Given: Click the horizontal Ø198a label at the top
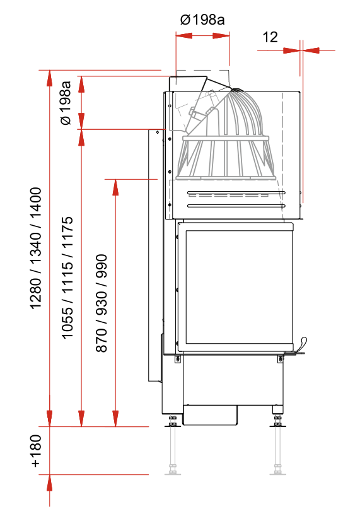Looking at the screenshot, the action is pos(202,20).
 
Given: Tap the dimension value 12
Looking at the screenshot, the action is pos(270,37).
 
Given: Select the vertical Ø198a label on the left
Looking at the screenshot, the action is pos(66,103).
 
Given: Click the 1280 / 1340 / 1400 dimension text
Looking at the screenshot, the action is pos(36,249).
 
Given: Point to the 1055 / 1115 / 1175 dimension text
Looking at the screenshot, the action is pos(67,278).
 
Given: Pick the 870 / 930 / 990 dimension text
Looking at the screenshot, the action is pos(102,303).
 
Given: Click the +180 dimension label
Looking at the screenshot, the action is pos(36,451).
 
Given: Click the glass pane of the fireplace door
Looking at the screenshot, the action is pos(236,287).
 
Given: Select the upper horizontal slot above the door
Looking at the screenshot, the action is pos(236,192).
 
